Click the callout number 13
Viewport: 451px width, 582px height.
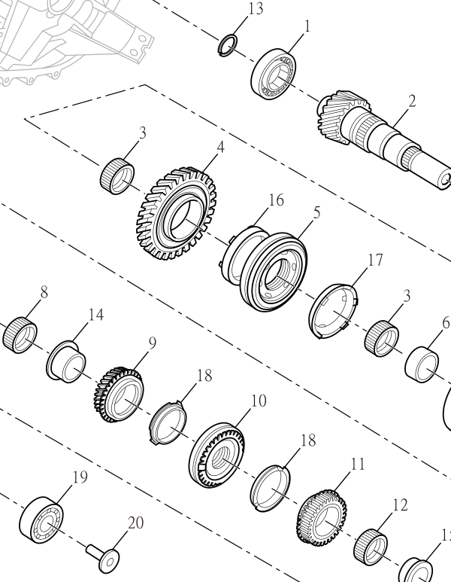[x=256, y=8]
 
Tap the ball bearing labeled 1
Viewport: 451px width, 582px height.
[x=273, y=74]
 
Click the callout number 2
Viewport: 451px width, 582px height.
[x=411, y=102]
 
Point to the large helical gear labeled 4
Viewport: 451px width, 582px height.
[x=177, y=213]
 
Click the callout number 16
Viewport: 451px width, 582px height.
[x=276, y=200]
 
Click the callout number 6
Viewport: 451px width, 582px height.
[x=446, y=323]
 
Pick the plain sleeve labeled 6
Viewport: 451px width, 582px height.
[x=422, y=364]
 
